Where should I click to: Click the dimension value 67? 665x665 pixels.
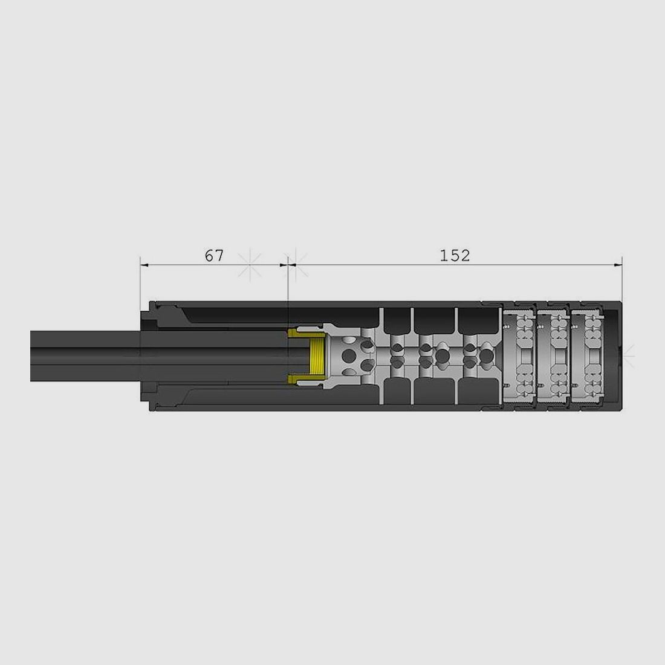[x=213, y=256]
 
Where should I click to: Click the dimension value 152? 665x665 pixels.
[x=455, y=256]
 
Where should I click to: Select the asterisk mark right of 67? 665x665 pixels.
[x=250, y=264]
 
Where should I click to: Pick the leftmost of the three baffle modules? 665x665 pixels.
[x=519, y=356]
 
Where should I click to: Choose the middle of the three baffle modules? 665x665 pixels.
[x=553, y=356]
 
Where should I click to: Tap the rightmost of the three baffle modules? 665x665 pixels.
[x=587, y=356]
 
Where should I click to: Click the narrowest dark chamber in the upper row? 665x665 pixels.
[x=396, y=319]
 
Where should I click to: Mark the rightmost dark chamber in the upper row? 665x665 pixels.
[x=478, y=319]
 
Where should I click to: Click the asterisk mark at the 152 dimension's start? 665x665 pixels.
[x=295, y=264]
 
